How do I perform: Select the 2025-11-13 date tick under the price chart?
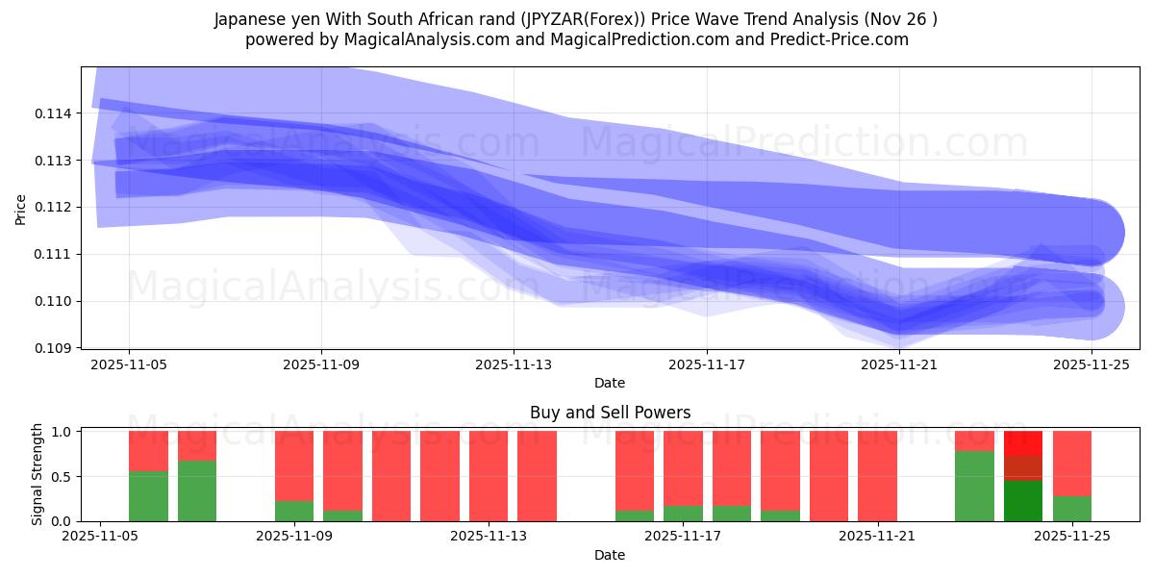514,364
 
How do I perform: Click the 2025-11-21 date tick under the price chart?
898,364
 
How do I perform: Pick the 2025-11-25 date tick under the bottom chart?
1072,537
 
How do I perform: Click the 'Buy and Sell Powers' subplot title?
610,414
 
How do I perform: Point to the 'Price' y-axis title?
21,208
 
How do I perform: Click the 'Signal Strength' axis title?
37,474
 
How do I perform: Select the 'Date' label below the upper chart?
610,383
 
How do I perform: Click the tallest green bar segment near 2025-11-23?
974,486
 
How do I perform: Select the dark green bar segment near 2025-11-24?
1023,501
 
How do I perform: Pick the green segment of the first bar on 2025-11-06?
148,496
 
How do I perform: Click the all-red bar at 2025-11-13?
537,476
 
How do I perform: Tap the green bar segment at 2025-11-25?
1072,509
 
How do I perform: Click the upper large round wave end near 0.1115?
1091,232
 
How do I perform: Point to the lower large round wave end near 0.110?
1091,307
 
